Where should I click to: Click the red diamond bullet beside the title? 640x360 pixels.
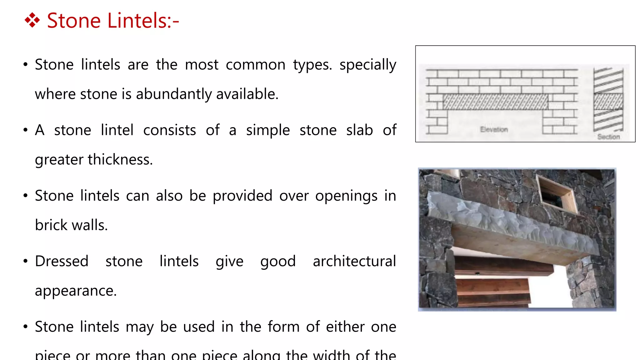[x=32, y=21]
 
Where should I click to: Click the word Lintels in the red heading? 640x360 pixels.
[x=137, y=21]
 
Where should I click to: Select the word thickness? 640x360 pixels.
[x=120, y=159]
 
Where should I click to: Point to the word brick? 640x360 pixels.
[x=51, y=225]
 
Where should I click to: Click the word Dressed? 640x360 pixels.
[x=62, y=261]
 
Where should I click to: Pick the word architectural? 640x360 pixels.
[x=354, y=261]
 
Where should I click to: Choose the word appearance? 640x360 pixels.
[x=76, y=291]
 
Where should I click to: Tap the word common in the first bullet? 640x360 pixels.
[x=255, y=65]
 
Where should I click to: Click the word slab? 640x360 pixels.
[x=359, y=130]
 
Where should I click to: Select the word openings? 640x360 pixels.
[x=346, y=196]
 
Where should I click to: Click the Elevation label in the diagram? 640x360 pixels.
[x=494, y=129]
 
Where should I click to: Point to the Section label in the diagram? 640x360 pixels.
[x=608, y=137]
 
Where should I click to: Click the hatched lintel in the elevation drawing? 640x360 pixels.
[x=495, y=102]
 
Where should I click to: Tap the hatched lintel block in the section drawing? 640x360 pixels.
[x=608, y=101]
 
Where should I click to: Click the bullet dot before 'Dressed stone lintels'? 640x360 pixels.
[x=26, y=261]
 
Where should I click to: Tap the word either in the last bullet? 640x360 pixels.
[x=345, y=327]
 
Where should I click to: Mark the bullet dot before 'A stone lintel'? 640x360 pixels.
[x=26, y=130]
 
